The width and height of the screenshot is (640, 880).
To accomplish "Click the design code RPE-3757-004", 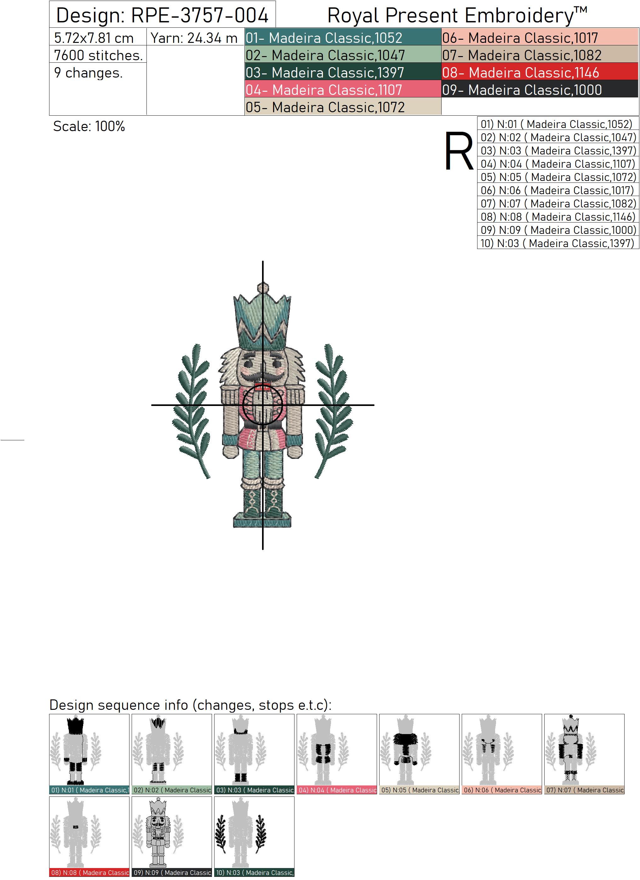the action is (x=200, y=15).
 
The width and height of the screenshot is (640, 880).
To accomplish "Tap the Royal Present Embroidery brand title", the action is (x=457, y=15).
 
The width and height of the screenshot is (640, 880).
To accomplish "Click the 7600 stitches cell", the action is (x=98, y=55).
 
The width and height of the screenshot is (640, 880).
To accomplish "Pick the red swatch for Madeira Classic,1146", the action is (x=540, y=72).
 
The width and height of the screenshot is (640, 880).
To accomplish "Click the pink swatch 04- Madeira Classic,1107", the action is (x=343, y=90).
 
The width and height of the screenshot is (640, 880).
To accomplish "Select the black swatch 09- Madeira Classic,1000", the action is (x=540, y=90).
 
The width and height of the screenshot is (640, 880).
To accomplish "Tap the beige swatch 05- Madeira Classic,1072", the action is (x=343, y=107).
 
